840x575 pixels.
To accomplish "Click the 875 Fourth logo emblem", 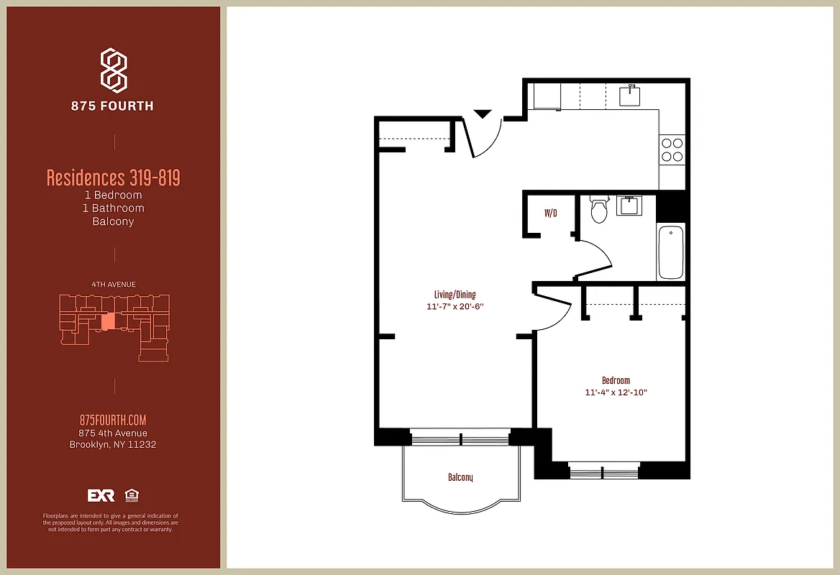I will (x=113, y=70).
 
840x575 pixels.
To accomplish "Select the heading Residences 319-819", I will (x=113, y=178).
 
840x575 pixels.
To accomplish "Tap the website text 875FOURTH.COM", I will (x=113, y=420).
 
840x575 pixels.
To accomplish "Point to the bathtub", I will (x=671, y=252).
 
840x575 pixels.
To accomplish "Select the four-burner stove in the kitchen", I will (x=672, y=149).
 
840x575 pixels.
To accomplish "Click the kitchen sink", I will (x=631, y=95).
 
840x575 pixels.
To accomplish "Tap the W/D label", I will (x=550, y=213).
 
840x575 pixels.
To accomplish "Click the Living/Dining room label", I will (x=455, y=295).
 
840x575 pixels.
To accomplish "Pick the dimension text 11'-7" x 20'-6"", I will (x=455, y=307).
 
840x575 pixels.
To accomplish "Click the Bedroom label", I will (x=616, y=380).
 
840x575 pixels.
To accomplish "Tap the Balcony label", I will (x=460, y=477).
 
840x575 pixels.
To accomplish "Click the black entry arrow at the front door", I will (x=482, y=114).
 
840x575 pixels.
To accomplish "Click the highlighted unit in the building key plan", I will (x=107, y=321).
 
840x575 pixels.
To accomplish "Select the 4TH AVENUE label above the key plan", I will (x=113, y=285).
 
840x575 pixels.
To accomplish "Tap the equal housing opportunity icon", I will (x=132, y=495).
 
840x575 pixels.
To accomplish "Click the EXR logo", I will (x=101, y=495).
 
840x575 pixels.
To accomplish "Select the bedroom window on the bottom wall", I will (x=603, y=471).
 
